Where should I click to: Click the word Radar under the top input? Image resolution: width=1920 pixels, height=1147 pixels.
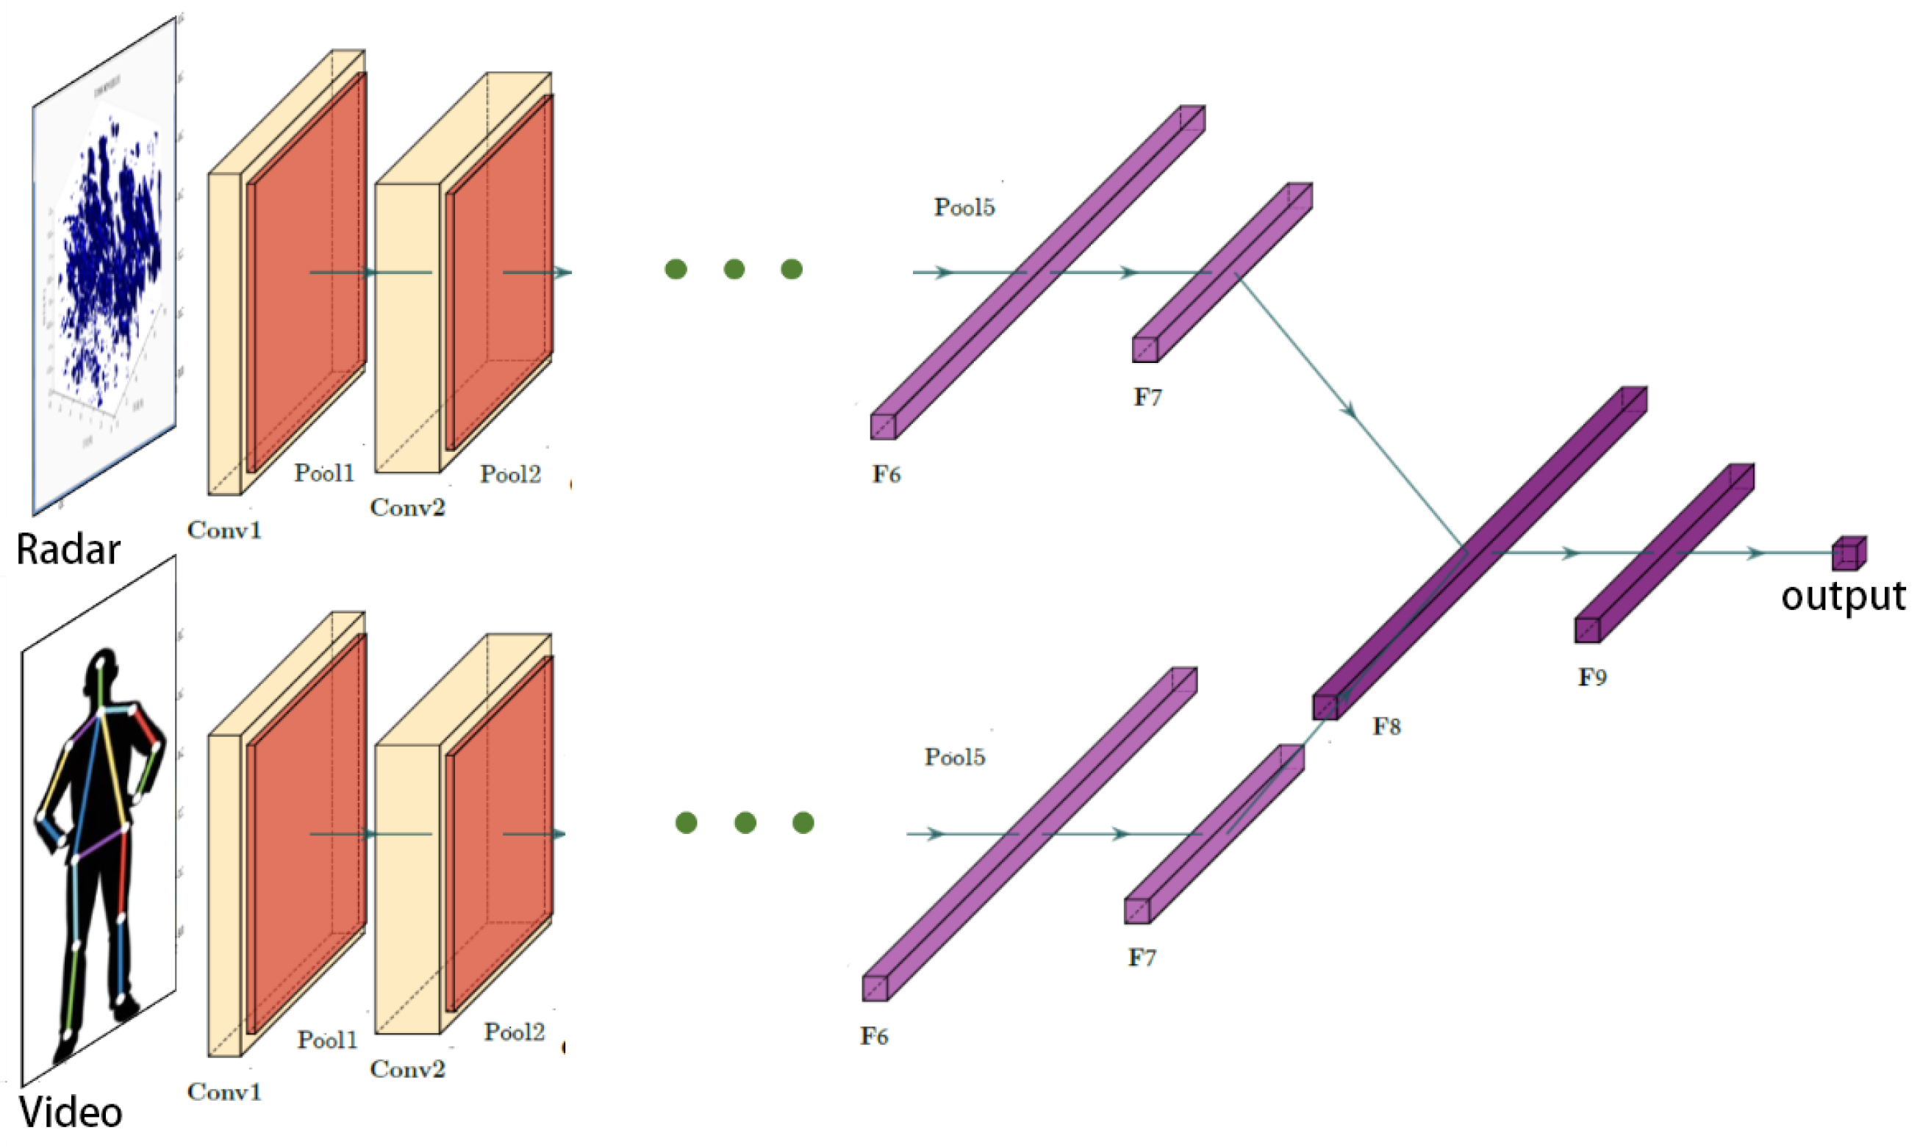tap(68, 550)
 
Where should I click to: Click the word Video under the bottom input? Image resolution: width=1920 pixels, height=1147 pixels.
tap(71, 1114)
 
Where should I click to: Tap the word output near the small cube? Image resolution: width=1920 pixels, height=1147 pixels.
tap(1843, 596)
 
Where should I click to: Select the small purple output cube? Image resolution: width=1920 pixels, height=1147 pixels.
tap(1848, 553)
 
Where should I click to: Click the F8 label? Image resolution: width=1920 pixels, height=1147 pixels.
tap(1386, 726)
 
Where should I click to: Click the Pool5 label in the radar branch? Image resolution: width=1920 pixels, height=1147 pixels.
tap(964, 207)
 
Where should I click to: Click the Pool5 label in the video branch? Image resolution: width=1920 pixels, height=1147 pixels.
tap(954, 757)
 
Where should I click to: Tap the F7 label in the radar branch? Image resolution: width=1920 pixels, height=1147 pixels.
tap(1147, 398)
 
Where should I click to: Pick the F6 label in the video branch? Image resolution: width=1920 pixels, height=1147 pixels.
tap(875, 1037)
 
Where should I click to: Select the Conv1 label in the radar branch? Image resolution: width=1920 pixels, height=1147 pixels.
tap(224, 531)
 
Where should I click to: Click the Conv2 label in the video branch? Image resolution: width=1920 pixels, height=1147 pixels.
tap(407, 1069)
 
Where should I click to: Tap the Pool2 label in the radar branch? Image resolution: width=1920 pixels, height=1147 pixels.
tap(509, 474)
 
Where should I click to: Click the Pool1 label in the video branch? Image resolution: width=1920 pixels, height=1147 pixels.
tap(327, 1040)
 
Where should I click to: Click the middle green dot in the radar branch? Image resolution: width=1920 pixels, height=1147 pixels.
tap(734, 269)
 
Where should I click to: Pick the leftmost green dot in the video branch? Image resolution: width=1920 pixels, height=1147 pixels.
tap(686, 822)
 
